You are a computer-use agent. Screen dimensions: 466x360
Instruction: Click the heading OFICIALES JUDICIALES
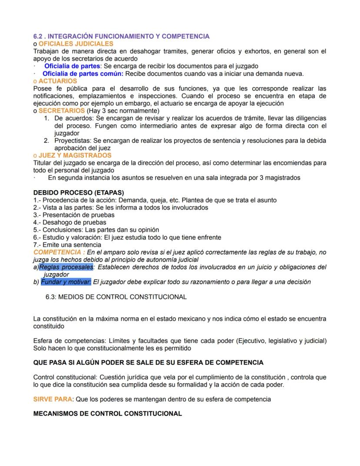point(76,44)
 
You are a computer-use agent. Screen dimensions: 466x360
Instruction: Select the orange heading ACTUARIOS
point(57,81)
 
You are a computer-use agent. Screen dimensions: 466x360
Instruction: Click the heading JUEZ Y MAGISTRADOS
point(75,155)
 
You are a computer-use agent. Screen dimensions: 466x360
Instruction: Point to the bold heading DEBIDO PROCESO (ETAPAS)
point(79,192)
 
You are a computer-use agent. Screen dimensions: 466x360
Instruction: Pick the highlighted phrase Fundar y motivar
point(66,282)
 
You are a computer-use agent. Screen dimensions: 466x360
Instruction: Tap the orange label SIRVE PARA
point(52,399)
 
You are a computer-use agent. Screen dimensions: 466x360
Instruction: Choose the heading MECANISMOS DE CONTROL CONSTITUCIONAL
point(107,414)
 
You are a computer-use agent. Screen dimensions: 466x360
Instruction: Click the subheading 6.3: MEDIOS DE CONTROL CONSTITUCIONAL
point(116,297)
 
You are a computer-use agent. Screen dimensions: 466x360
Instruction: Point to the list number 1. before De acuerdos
point(47,118)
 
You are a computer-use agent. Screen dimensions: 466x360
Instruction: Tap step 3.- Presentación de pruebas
point(74,215)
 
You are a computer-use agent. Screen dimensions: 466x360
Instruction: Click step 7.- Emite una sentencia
point(67,245)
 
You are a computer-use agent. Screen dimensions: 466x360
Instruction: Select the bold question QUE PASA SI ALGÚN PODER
point(148,362)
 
